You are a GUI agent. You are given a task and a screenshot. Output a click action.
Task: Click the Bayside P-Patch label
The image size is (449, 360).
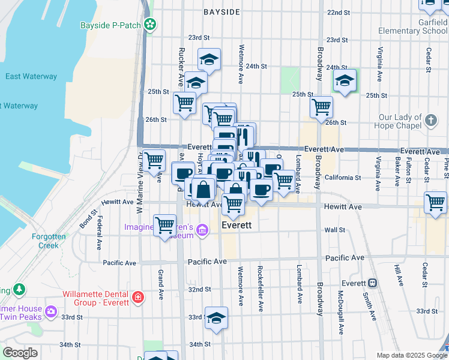pyautogui.click(x=112, y=25)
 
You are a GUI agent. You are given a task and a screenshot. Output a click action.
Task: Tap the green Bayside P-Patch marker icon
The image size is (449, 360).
pyautogui.click(x=151, y=25)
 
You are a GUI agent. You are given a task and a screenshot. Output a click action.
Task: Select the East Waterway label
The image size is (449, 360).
pyautogui.click(x=31, y=77)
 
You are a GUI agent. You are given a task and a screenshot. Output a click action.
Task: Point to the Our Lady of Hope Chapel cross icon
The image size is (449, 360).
pyautogui.click(x=430, y=121)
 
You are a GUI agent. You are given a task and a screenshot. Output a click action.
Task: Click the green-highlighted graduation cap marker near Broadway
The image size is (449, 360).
pyautogui.click(x=345, y=81)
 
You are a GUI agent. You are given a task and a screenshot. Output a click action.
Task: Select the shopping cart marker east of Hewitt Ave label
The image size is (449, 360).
pyautogui.click(x=435, y=202)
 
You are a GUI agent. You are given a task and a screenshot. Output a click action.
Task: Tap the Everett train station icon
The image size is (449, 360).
pyautogui.click(x=372, y=283)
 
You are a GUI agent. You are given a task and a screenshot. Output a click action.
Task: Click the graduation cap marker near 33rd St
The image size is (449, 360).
pyautogui.click(x=216, y=318)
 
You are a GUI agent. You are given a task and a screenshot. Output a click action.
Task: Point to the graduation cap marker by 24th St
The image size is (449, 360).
pyautogui.click(x=209, y=59)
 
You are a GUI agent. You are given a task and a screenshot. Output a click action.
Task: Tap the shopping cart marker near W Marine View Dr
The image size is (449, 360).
pyautogui.click(x=154, y=160)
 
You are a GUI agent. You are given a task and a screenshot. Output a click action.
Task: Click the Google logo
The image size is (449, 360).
pyautogui.click(x=20, y=353)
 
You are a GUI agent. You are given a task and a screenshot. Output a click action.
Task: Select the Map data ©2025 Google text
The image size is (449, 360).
pyautogui.click(x=411, y=355)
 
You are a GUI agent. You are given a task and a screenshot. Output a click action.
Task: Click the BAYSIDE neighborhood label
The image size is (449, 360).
pyautogui.click(x=221, y=12)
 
